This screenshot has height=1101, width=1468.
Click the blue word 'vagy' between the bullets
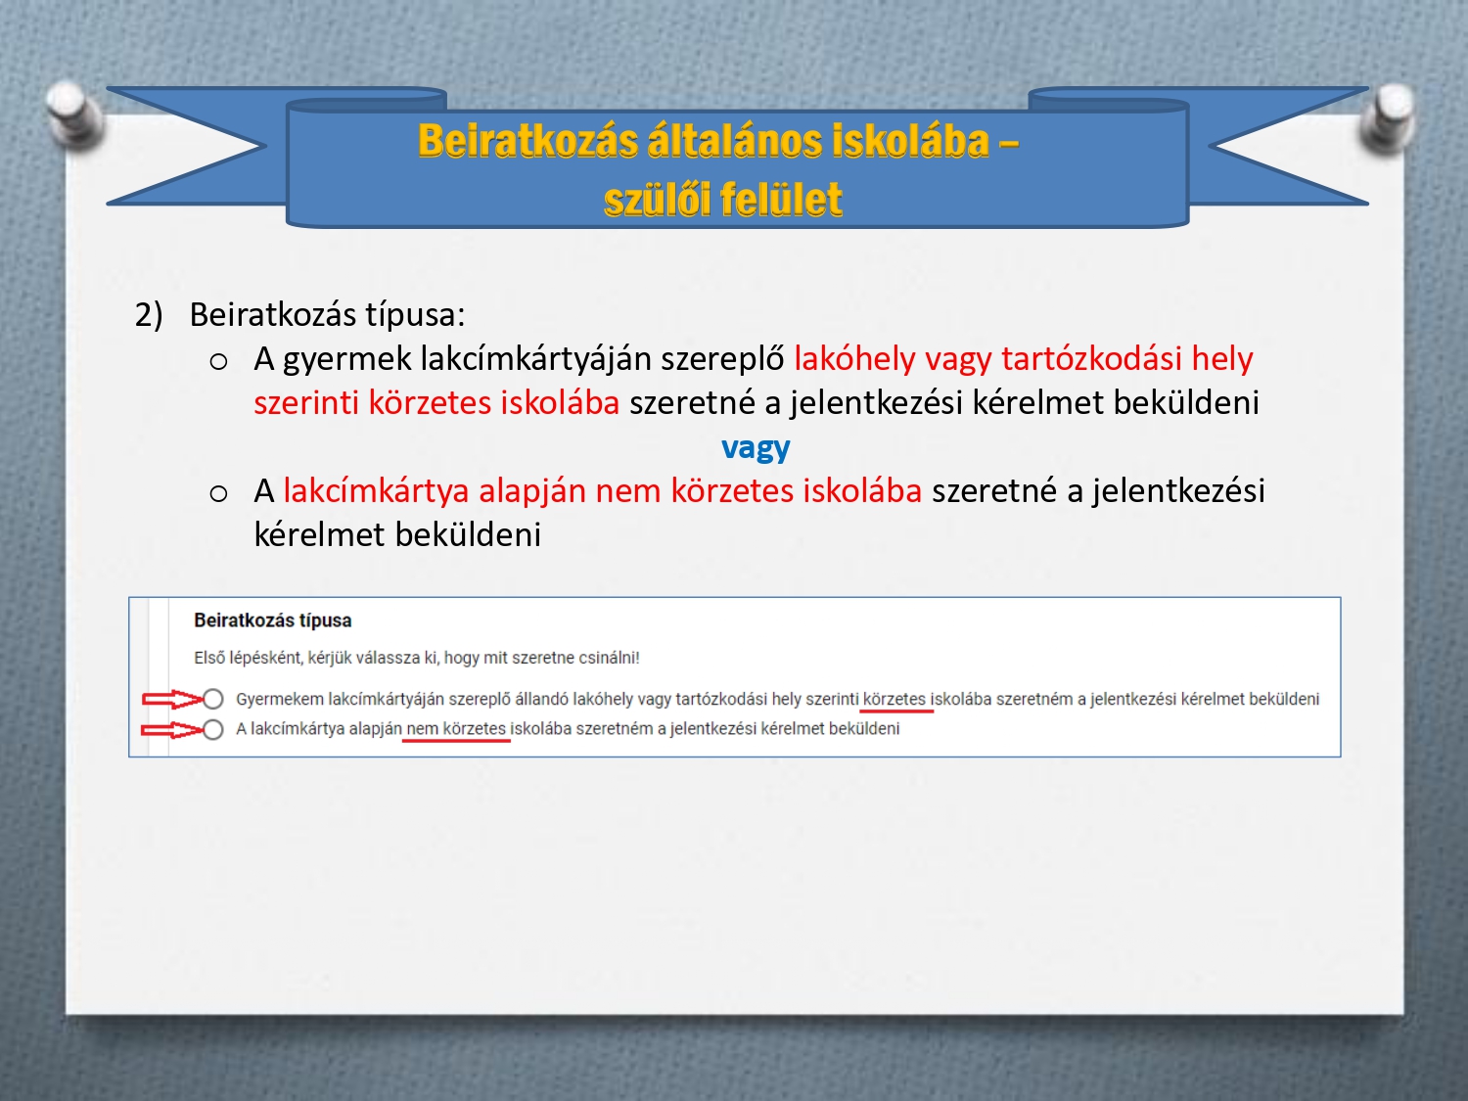(756, 448)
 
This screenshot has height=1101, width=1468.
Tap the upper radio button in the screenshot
(212, 699)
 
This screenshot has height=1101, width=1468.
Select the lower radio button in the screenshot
(212, 729)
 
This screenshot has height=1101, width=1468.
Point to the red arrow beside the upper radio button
(172, 699)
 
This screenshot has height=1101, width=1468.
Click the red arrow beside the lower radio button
(172, 730)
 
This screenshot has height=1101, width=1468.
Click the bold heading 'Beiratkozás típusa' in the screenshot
(273, 620)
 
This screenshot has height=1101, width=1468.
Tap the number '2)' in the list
(149, 315)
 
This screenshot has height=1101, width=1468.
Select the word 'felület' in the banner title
(782, 200)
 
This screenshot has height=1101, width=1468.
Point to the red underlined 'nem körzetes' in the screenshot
(456, 729)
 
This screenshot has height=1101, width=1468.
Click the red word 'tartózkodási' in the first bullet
(1092, 358)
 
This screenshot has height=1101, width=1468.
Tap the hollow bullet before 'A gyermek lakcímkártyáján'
(218, 362)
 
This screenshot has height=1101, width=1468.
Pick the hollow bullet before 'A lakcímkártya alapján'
(218, 494)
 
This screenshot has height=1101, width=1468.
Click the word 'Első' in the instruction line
(209, 658)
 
